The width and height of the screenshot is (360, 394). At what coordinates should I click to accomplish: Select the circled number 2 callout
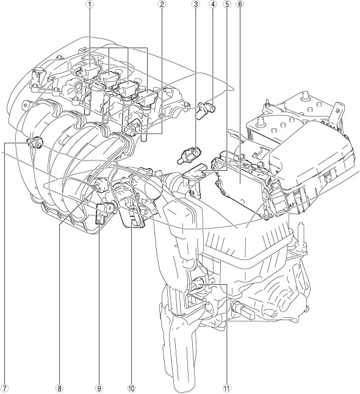pyautogui.click(x=162, y=4)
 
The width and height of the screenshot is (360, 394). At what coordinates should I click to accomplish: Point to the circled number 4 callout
pyautogui.click(x=213, y=4)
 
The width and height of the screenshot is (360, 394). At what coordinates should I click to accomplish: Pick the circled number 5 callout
pyautogui.click(x=227, y=4)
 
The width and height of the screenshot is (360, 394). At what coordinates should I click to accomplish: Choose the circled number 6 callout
pyautogui.click(x=240, y=4)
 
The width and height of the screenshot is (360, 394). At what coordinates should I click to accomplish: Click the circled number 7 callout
pyautogui.click(x=5, y=389)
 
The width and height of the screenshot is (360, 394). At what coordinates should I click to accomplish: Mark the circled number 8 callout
pyautogui.click(x=59, y=389)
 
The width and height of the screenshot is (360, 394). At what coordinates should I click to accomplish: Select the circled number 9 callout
pyautogui.click(x=99, y=389)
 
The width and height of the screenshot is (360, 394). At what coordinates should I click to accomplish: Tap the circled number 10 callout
pyautogui.click(x=131, y=389)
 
